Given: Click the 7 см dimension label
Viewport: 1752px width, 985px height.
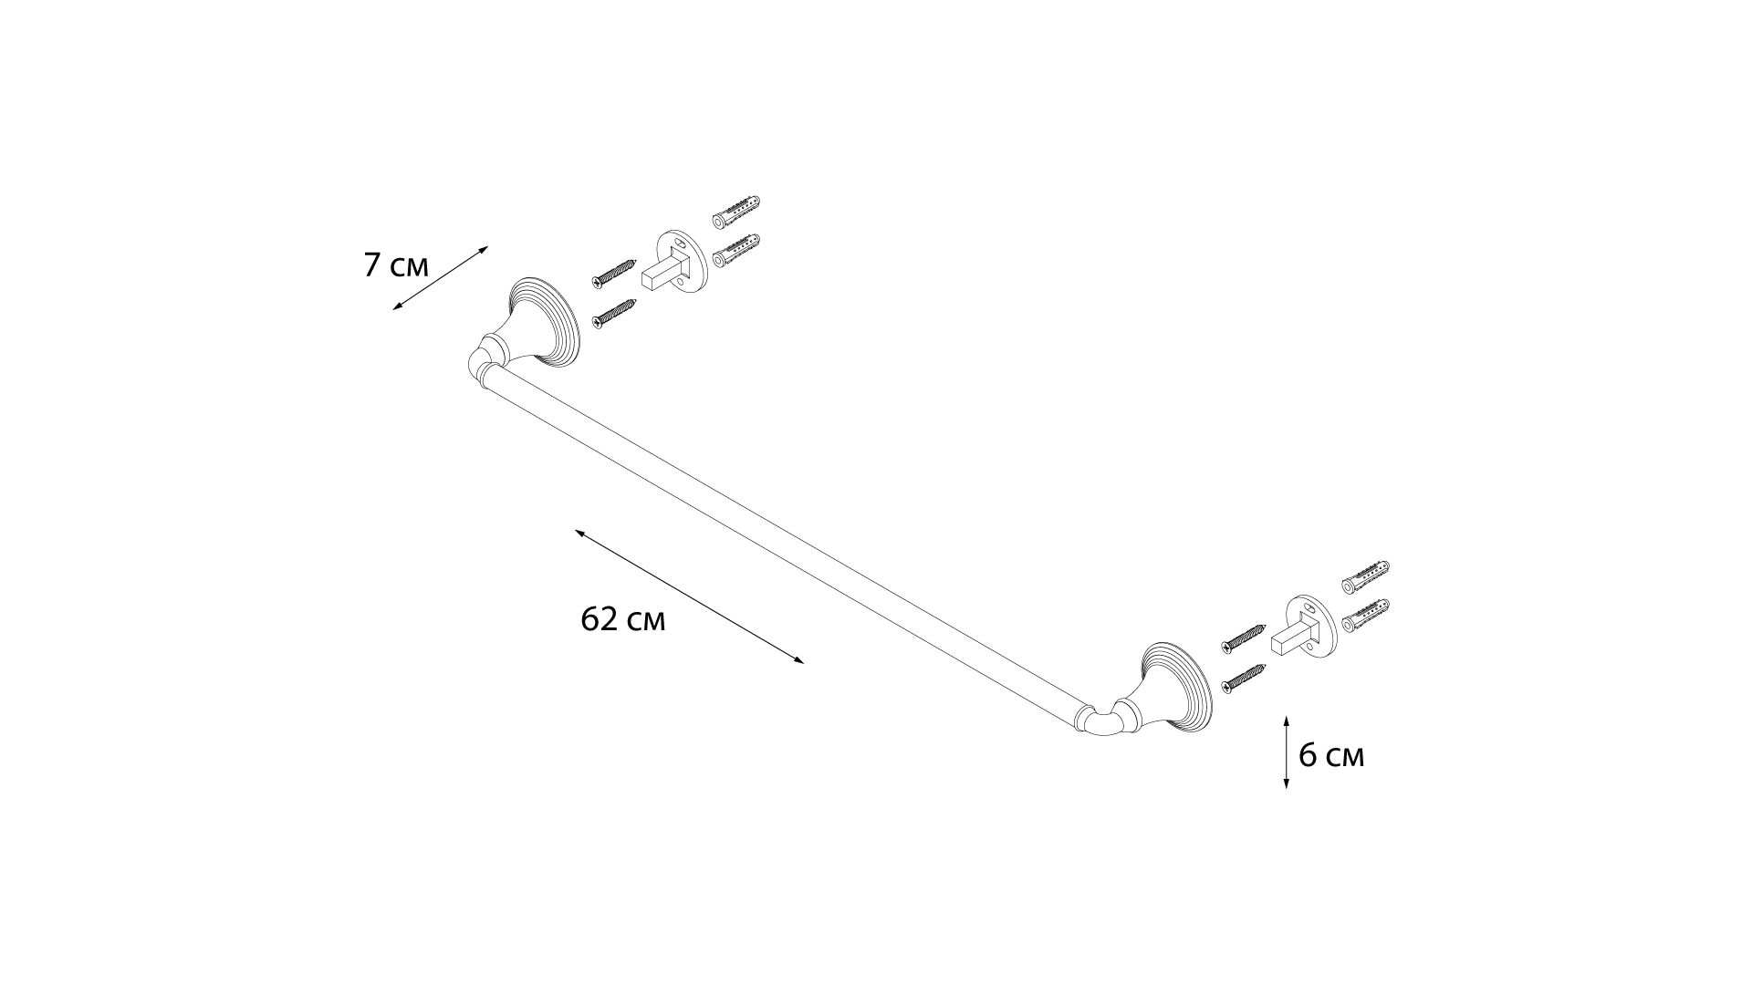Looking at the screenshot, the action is click(x=396, y=265).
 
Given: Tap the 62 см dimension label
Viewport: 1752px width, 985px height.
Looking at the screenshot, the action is click(x=623, y=619).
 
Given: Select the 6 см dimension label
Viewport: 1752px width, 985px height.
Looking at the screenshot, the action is click(x=1331, y=756).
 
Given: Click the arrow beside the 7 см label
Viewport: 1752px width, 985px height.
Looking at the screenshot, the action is click(x=441, y=278).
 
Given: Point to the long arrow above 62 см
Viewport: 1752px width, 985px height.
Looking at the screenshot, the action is click(x=689, y=596).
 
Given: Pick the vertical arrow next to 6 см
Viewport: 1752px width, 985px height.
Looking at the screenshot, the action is click(x=1286, y=752).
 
